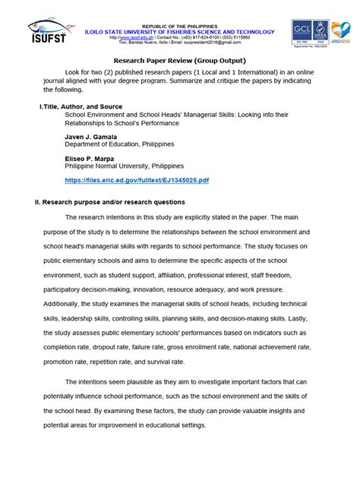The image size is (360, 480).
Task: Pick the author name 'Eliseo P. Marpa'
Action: pyautogui.click(x=93, y=159)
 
